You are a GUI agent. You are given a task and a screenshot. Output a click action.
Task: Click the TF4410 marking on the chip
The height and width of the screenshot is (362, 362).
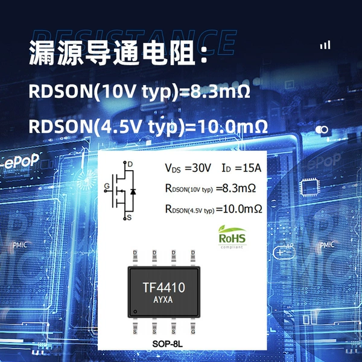tap(164, 287)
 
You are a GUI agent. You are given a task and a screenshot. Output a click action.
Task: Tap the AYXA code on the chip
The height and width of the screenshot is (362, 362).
tap(163, 300)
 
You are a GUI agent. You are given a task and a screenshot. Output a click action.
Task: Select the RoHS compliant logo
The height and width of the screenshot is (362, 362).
tap(232, 237)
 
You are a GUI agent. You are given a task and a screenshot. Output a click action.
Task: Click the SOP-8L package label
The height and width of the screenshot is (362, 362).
tap(167, 344)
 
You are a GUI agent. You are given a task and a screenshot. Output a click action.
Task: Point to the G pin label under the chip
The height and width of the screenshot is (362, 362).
tap(193, 332)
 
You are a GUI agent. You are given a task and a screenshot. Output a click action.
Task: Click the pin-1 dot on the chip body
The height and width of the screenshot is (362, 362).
tap(135, 312)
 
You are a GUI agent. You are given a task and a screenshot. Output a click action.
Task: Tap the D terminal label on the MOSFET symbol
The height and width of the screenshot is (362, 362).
tap(130, 164)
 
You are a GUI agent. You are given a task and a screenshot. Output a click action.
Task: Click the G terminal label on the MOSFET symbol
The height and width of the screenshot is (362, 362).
tap(107, 186)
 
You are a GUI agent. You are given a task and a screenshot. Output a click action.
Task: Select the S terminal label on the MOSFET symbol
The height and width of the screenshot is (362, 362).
tap(129, 217)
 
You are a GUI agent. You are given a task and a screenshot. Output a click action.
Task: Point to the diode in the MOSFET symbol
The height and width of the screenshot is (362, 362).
tap(133, 191)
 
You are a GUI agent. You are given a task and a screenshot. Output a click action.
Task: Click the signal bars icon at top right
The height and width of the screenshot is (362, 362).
tap(325, 45)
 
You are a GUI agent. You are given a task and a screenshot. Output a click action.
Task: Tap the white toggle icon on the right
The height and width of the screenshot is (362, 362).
tap(322, 130)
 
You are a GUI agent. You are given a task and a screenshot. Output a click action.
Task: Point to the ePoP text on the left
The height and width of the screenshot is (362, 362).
tap(22, 161)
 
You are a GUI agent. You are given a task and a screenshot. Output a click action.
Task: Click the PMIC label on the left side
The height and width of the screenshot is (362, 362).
tap(20, 245)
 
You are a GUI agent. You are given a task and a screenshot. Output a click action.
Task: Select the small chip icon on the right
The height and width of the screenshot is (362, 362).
tap(310, 188)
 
